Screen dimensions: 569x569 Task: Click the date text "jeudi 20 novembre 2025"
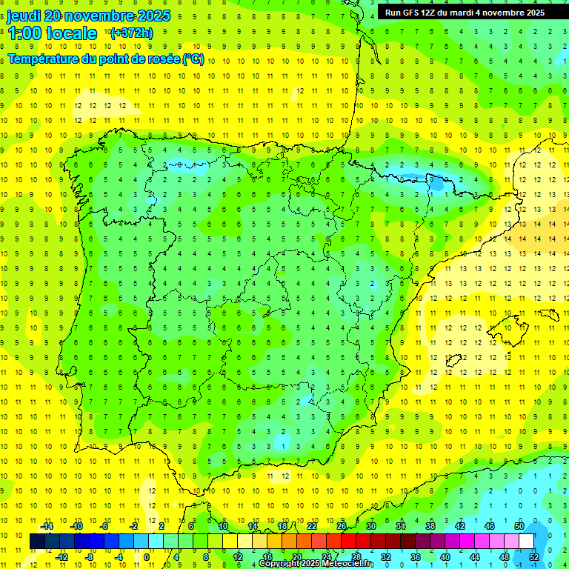(x=88, y=16)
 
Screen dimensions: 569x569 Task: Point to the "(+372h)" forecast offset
(x=131, y=33)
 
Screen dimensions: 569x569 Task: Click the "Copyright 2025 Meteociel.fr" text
(x=316, y=564)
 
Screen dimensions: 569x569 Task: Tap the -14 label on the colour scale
(x=46, y=526)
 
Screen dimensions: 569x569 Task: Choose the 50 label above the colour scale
(x=519, y=526)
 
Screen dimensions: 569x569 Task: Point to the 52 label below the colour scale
(x=533, y=556)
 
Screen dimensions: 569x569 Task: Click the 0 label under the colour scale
(x=146, y=556)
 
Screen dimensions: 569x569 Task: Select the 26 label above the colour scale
(x=342, y=526)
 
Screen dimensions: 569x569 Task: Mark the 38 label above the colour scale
(x=430, y=526)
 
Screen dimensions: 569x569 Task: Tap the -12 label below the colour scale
(x=61, y=556)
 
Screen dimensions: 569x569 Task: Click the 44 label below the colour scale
(x=474, y=556)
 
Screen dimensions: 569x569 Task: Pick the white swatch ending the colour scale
(x=527, y=542)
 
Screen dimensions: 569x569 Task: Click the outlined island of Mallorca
(x=509, y=327)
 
